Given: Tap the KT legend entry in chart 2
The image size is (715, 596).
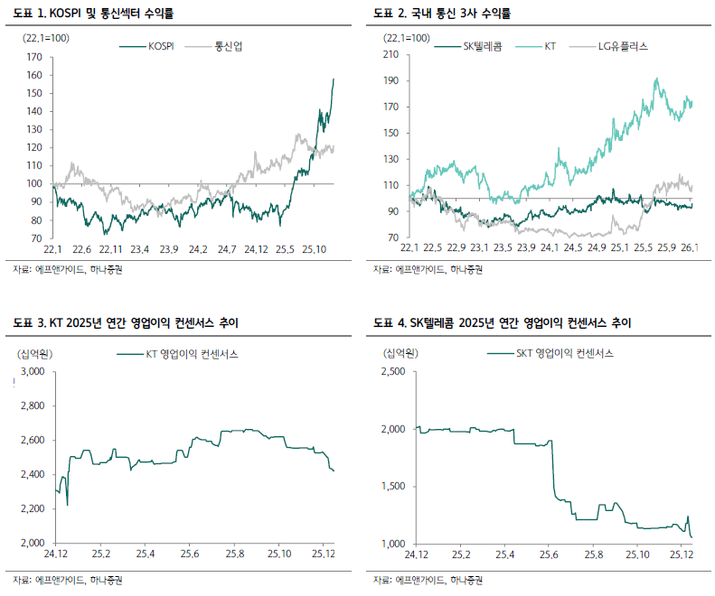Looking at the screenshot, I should (549, 45).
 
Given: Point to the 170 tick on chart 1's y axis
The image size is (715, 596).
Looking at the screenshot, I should (35, 57).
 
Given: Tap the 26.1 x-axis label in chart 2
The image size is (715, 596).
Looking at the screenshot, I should (691, 249).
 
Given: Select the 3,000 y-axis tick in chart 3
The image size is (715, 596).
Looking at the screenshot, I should (32, 371).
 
